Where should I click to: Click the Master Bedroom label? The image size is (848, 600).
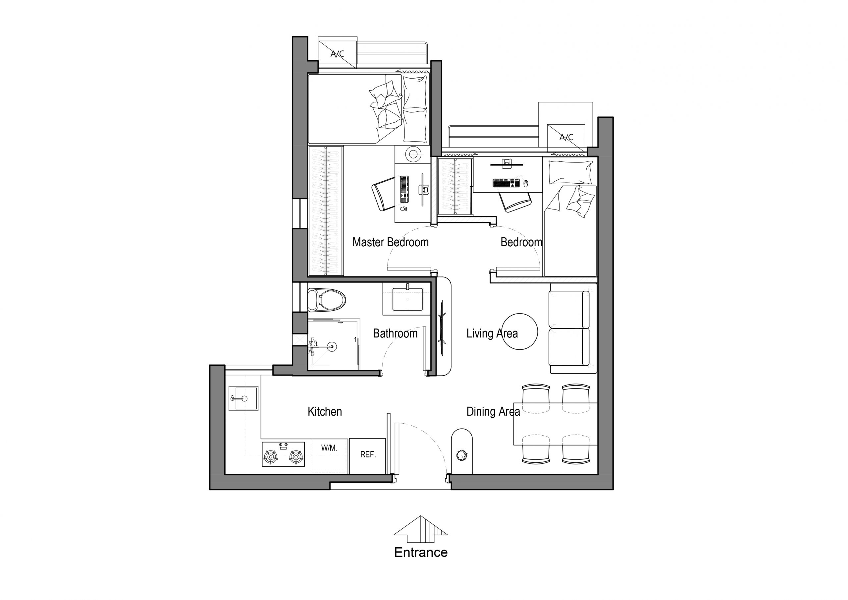391,242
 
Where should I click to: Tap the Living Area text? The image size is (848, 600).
492,333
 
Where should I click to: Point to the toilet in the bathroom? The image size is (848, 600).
327,299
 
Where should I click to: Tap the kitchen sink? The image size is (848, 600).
243,398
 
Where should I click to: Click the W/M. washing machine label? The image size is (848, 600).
329,448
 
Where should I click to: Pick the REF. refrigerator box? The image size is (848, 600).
367,456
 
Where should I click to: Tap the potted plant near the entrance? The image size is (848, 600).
461,455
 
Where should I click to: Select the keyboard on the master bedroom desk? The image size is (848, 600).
404,189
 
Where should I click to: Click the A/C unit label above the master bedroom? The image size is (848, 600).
338,54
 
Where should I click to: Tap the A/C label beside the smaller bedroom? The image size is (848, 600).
566,138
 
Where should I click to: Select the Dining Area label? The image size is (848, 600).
493,411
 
